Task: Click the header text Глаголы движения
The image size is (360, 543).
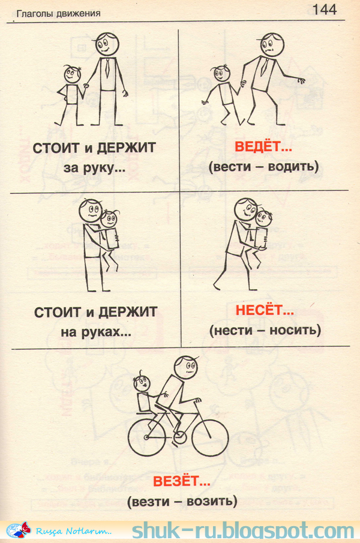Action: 58,13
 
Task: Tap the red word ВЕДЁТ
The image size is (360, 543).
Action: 254,146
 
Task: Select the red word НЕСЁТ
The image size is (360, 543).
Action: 256,311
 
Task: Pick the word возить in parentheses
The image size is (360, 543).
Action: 211,500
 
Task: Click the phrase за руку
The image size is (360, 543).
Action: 94,169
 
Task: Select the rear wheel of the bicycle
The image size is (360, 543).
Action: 148,438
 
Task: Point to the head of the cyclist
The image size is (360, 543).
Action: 186,367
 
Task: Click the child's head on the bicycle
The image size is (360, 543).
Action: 143,381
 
